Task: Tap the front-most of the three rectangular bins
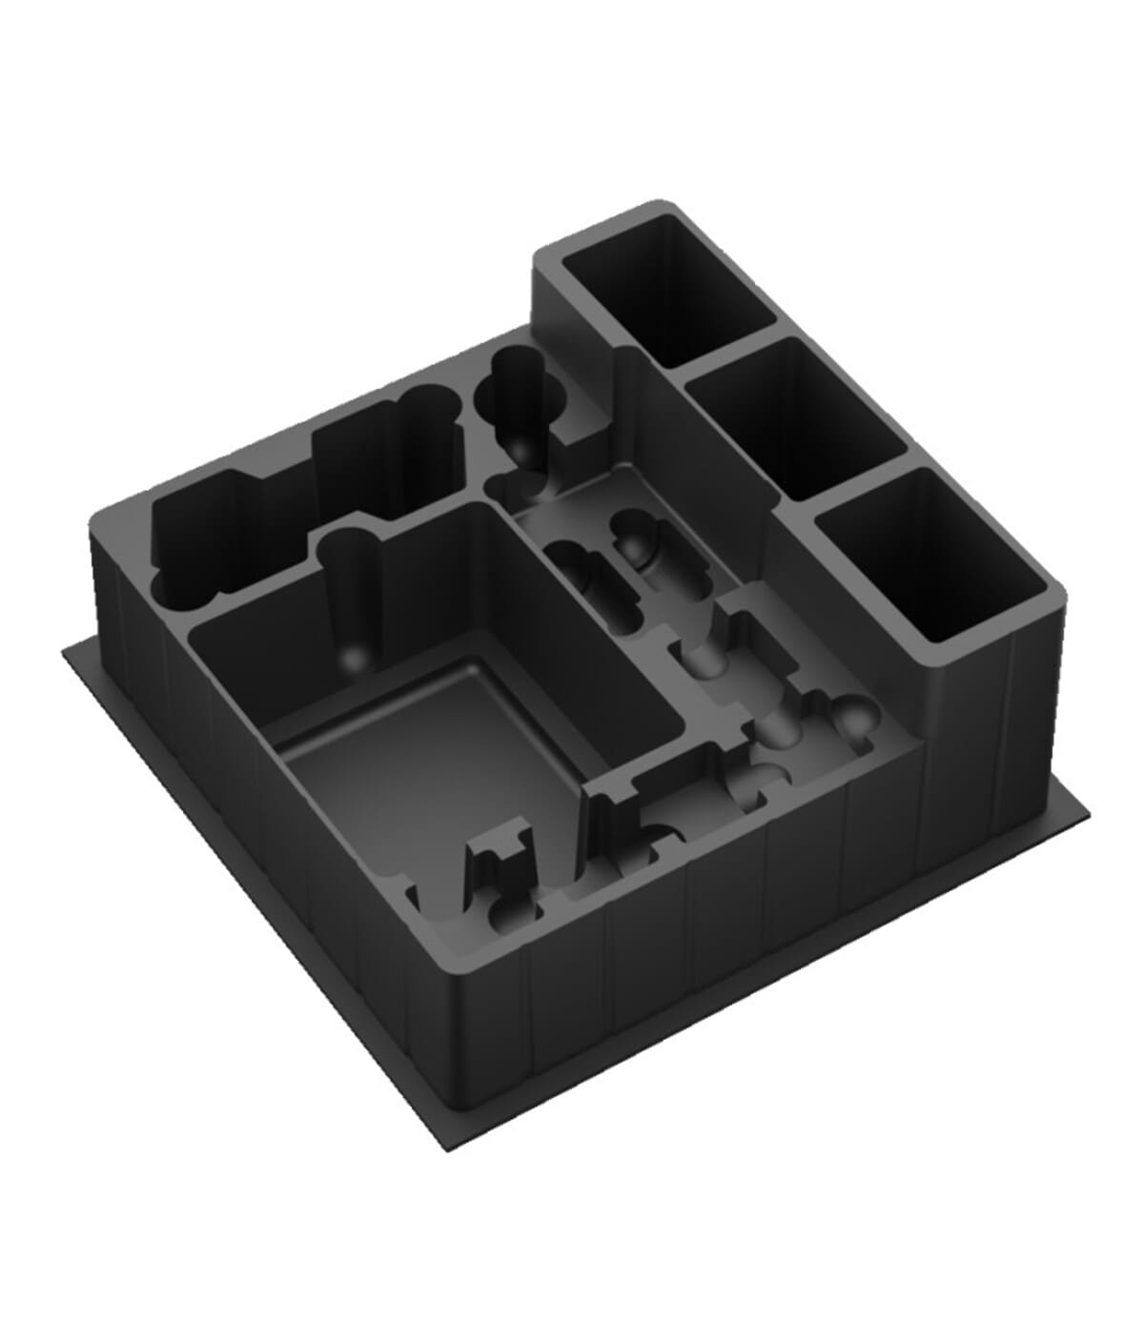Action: [x=939, y=558]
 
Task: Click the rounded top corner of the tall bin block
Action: [x=658, y=206]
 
